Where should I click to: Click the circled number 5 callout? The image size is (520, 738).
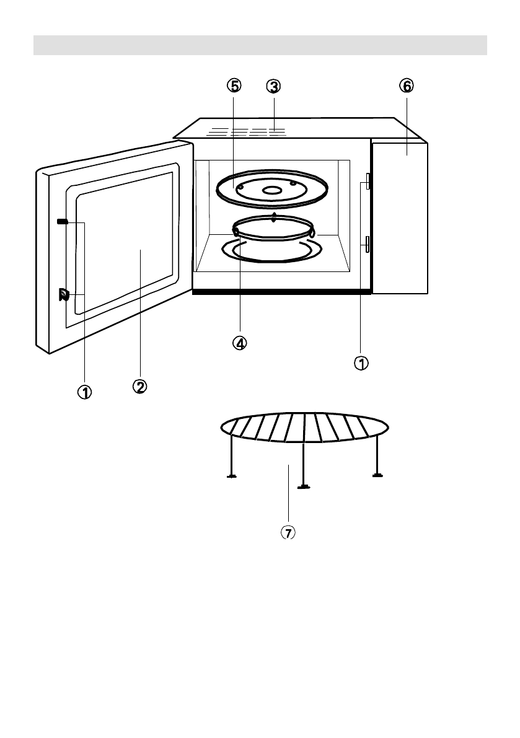coord(233,86)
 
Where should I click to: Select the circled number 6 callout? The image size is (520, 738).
coord(406,86)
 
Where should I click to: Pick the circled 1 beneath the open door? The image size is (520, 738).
coord(84,391)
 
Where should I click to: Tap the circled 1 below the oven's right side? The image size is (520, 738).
coord(361,362)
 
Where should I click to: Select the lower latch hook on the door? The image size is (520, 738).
coord(63,294)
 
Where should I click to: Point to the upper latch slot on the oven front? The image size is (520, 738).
coord(368,180)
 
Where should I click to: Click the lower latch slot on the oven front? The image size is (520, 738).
coord(368,244)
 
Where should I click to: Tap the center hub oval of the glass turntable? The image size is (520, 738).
coord(271,191)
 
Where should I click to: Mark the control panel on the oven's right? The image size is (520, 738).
coord(400,217)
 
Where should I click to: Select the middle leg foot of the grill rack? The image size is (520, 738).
coord(303,486)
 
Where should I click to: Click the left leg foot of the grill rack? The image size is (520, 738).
coord(231,476)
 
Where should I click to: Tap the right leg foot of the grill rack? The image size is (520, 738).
coord(377,475)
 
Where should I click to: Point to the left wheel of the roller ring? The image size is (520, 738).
coord(236,232)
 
